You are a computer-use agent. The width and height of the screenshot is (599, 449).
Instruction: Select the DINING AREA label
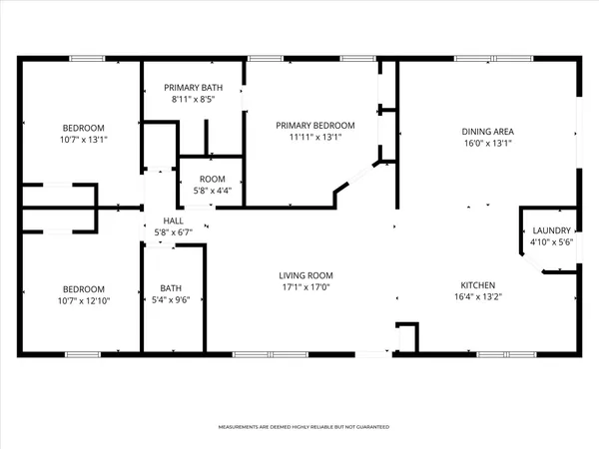pos(487,131)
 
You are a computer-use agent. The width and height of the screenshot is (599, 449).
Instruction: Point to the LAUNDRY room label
pos(552,230)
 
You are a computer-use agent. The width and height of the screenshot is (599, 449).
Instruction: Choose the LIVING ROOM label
pos(305,275)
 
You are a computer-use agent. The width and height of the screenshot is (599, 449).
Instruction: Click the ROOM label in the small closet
pos(212,179)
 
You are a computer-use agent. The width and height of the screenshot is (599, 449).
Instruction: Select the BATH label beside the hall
pos(172,288)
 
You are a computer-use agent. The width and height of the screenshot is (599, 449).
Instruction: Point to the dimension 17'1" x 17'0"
pos(305,287)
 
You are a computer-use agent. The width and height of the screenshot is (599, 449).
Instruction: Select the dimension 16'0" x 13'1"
pos(487,143)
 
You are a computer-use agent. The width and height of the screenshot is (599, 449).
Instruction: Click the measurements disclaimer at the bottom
pos(299,427)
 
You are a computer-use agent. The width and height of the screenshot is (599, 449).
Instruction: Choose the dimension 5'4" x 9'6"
pos(172,300)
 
